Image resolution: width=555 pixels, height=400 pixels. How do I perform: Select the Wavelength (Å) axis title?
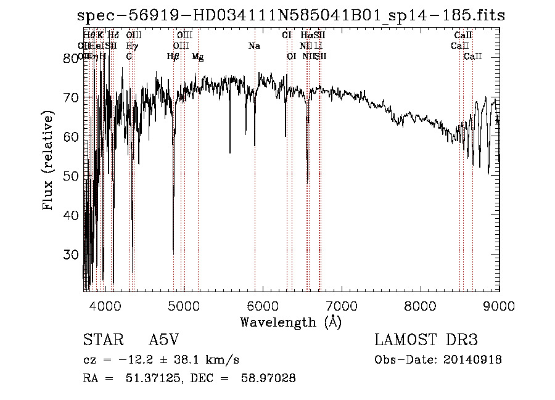click(290, 321)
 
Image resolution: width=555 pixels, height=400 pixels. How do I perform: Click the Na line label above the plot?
click(254, 46)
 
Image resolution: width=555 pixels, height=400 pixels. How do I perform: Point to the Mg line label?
click(197, 57)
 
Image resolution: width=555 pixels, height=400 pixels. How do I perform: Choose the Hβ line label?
click(173, 57)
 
